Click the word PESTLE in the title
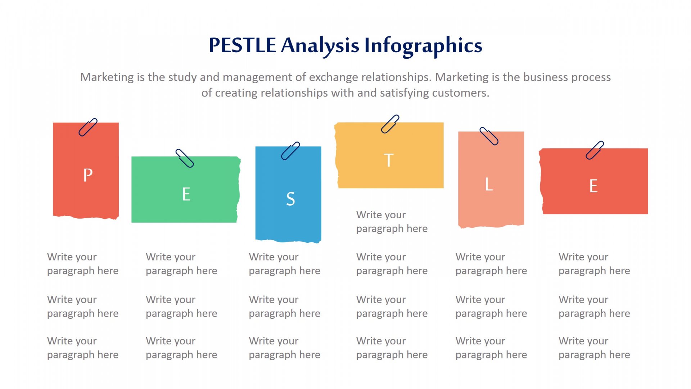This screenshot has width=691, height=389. [x=242, y=45]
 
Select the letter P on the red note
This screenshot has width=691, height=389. [x=88, y=175]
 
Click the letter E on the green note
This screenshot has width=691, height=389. [x=186, y=194]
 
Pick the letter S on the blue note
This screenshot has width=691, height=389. [x=290, y=199]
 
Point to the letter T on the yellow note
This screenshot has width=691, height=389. [x=389, y=160]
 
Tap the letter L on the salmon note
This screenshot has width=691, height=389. [x=488, y=184]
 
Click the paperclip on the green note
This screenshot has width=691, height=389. [x=185, y=158]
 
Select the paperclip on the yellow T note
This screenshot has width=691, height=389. [x=390, y=124]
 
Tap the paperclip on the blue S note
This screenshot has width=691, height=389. [x=290, y=151]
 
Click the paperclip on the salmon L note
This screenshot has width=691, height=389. [x=489, y=136]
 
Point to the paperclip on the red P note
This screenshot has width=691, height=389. [x=88, y=127]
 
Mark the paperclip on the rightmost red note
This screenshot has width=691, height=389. [x=595, y=150]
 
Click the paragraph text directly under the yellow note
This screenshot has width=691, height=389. [x=392, y=222]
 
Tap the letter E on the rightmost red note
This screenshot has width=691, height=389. [x=593, y=186]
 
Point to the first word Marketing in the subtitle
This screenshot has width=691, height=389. [x=107, y=77]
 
